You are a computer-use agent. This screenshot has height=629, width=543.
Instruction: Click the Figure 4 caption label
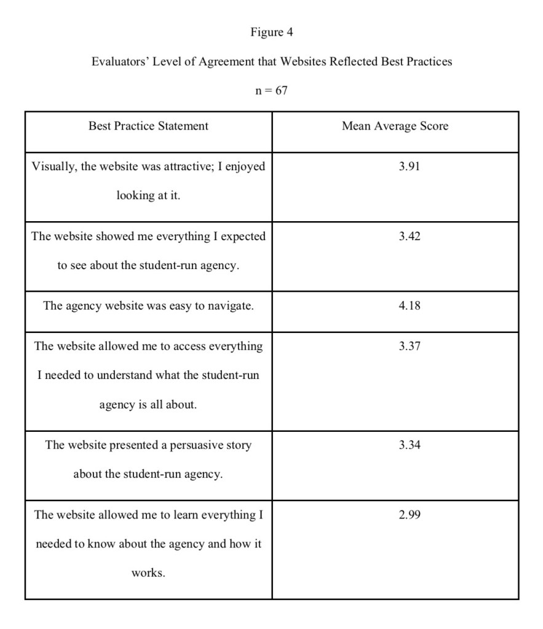pos(271,33)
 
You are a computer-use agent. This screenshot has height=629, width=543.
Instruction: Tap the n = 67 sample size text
pos(271,91)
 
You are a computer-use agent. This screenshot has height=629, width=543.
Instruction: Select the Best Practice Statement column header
pos(148,126)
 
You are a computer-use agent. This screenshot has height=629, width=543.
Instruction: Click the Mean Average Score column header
pos(395,126)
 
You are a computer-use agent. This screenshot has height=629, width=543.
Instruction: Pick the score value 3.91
pos(410,166)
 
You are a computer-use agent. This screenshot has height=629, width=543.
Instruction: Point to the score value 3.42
pos(410,236)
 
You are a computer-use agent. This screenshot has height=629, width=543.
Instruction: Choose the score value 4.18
pos(410,305)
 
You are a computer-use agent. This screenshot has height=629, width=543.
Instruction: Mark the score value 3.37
pos(410,346)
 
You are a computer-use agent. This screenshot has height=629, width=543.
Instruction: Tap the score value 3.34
pos(410,445)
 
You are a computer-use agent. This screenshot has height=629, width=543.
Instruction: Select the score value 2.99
pos(410,515)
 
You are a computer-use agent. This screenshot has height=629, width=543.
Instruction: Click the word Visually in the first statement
pos(53,167)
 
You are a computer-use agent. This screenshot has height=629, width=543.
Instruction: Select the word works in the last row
pos(148,573)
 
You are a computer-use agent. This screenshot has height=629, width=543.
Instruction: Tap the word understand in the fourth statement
pos(122,375)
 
